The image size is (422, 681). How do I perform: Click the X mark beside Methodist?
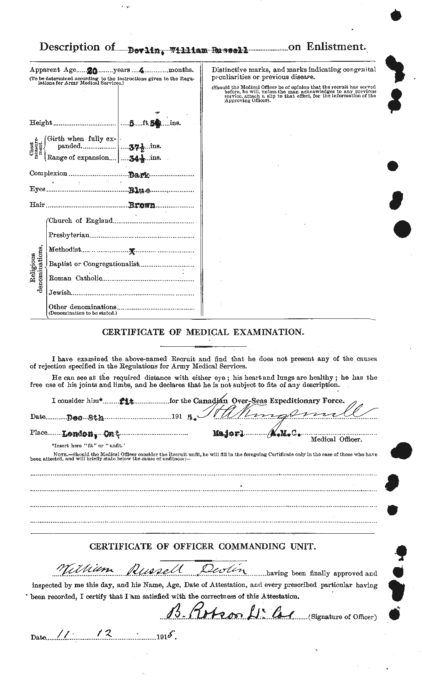coord(132,251)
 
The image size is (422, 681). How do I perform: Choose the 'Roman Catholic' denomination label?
coord(75,278)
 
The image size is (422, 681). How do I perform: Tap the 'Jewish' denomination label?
coord(60,293)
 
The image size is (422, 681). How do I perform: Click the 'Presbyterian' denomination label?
coord(69,235)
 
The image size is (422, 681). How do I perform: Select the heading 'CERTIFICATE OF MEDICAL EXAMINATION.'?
coord(203,333)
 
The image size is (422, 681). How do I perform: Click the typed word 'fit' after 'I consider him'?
coord(127,401)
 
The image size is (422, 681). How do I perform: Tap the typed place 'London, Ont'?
coord(91,434)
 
